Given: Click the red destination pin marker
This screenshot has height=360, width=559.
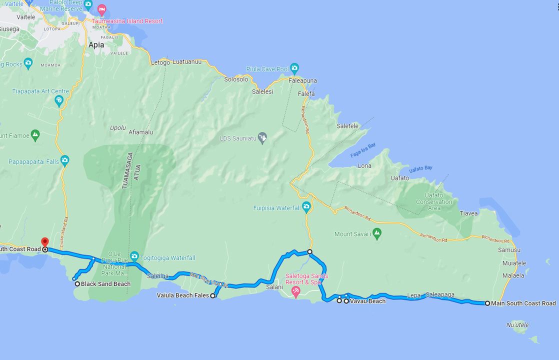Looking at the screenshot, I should pos(44,242).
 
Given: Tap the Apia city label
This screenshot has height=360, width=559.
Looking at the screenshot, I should pos(96,45).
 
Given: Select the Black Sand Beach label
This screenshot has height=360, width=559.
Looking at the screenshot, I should pos(105,284).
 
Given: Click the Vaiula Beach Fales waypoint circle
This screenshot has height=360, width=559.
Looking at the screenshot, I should pos(213,296).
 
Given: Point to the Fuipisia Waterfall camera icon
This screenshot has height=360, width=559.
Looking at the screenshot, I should pos(306,206).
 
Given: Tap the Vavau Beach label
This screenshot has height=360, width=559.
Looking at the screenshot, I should pos(367,301).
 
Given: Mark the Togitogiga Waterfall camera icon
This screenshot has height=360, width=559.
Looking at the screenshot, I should pos(134,257).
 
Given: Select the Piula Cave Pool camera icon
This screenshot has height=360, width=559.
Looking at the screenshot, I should pos(294,68).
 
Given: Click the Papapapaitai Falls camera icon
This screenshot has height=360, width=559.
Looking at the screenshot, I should pos(64,161).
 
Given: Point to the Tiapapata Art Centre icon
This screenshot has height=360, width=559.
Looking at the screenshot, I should pos(59,100).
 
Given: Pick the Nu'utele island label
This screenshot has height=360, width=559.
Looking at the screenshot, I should pos(517,325).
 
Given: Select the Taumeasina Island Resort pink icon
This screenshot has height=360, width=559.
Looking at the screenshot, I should pos(102,10).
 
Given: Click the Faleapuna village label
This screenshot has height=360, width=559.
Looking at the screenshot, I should pos(302,80).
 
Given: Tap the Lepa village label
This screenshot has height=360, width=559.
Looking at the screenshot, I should pos(413,295).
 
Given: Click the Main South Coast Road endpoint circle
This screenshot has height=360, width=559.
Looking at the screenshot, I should pos(487,303).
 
